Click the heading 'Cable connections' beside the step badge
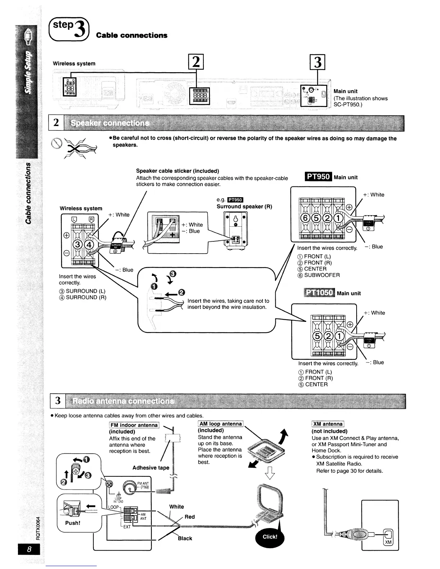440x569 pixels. coord(131,35)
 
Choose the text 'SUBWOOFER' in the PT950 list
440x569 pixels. coord(322,275)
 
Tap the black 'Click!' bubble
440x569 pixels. coord(270,537)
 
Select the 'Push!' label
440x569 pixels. coord(73,523)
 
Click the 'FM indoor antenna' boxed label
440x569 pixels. coord(134,425)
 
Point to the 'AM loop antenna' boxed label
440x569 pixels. coord(221,424)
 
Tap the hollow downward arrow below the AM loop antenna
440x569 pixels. coord(270,473)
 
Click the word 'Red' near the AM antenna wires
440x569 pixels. coord(189,517)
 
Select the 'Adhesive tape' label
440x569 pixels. coord(151,468)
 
